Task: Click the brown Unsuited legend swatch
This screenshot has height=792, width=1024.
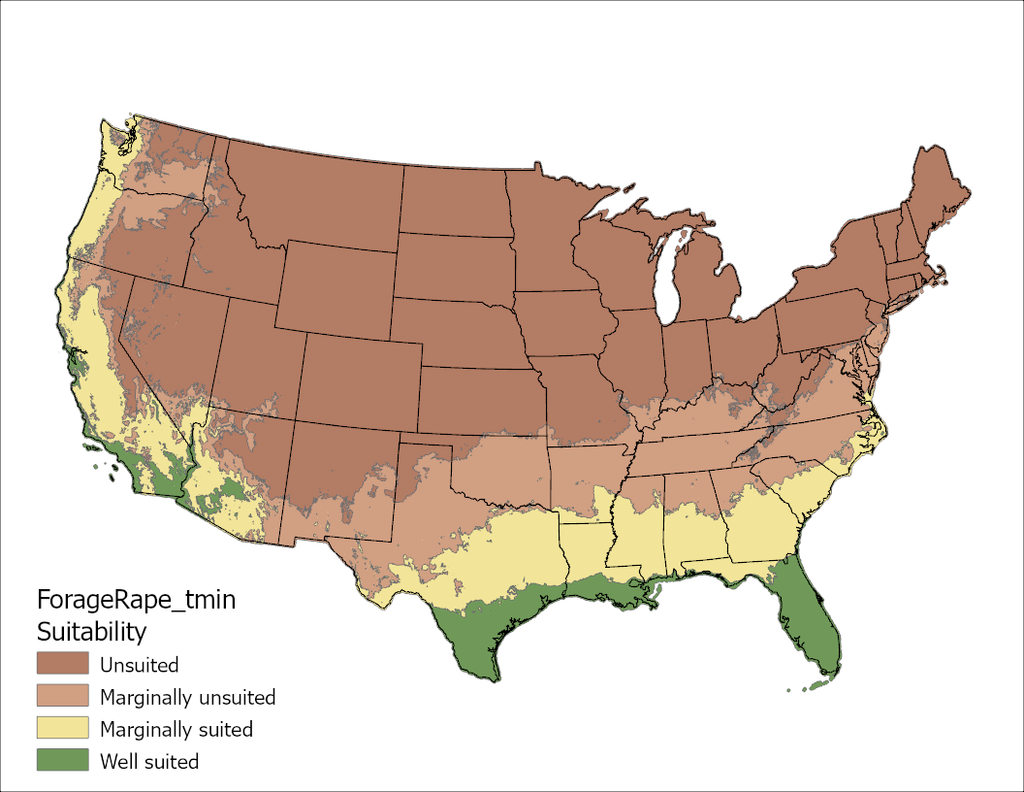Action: point(62,665)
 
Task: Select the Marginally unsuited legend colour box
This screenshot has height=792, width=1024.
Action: point(62,697)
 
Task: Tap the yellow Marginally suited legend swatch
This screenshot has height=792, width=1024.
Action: point(62,729)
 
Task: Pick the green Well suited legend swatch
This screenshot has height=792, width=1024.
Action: point(62,761)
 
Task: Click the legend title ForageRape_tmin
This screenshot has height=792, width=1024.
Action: point(136,600)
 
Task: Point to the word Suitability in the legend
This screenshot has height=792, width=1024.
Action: point(91,632)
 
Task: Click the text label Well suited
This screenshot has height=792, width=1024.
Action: point(149,762)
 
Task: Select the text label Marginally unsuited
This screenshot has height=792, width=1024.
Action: point(188,698)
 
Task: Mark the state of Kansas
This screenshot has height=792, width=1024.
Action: point(480,398)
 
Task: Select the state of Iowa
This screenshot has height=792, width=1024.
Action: point(562,320)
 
